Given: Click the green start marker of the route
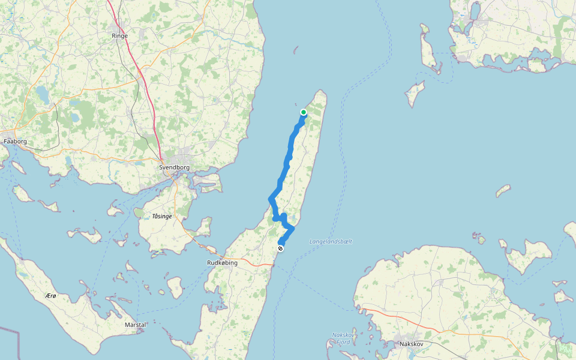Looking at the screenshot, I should pyautogui.click(x=304, y=112).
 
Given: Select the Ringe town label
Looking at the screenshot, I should pyautogui.click(x=120, y=36).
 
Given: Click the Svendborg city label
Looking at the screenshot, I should pyautogui.click(x=175, y=167).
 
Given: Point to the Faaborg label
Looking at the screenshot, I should pyautogui.click(x=15, y=142).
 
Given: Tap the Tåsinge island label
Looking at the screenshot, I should pyautogui.click(x=161, y=215).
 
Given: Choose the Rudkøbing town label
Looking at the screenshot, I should pyautogui.click(x=222, y=263).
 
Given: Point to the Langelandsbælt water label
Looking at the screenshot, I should pyautogui.click(x=331, y=242).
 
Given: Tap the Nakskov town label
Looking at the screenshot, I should pyautogui.click(x=412, y=344).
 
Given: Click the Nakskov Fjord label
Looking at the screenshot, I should pyautogui.click(x=343, y=338).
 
